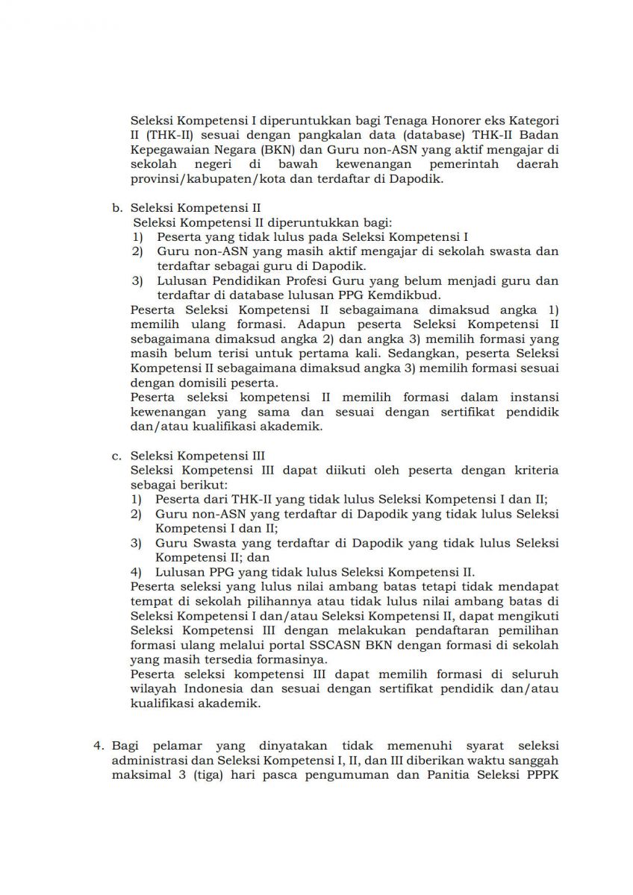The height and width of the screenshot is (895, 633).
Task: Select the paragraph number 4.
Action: (97, 745)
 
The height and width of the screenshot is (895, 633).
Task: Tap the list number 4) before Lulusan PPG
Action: (137, 572)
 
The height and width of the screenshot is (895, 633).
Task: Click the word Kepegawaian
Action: (168, 148)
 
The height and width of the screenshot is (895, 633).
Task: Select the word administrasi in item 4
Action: (147, 759)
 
